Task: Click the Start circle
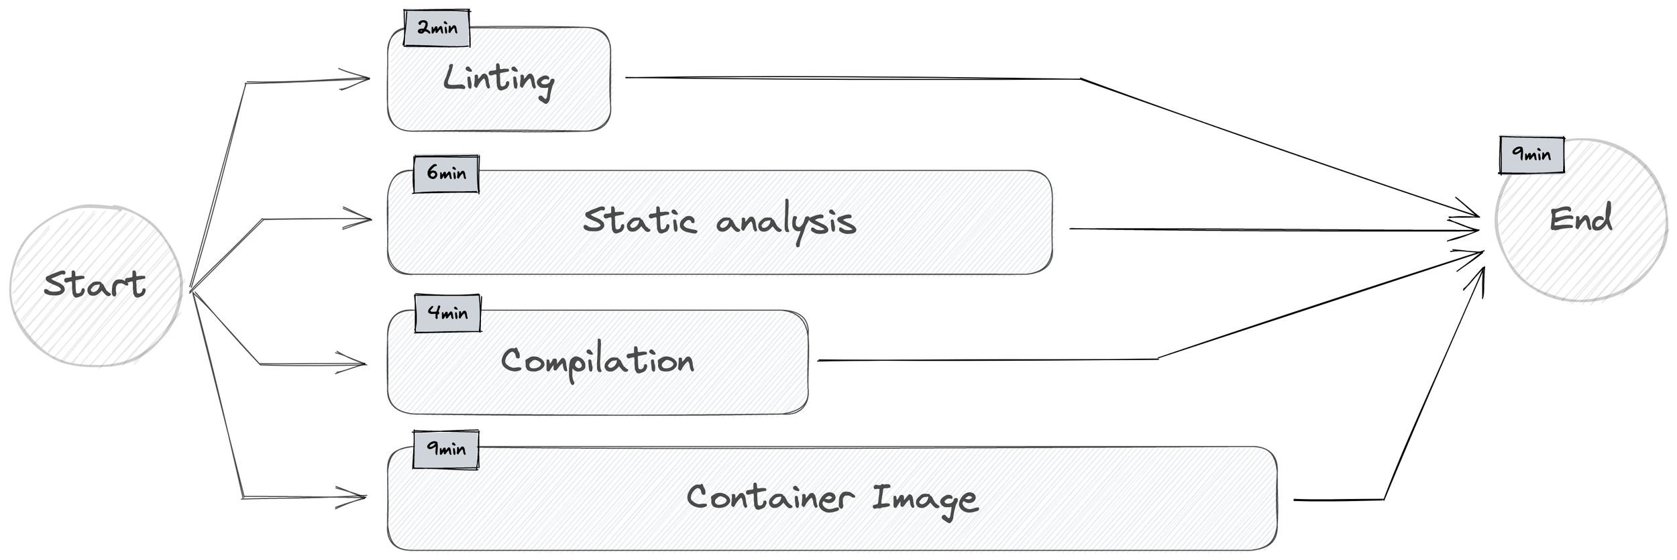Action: [x=95, y=285]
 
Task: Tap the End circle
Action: [x=1580, y=220]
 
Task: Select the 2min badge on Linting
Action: [x=437, y=28]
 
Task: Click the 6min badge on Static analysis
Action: [x=446, y=174]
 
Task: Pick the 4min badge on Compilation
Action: [x=447, y=313]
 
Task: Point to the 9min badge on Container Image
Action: [x=446, y=449]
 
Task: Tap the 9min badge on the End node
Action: [x=1531, y=155]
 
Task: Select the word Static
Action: [x=639, y=221]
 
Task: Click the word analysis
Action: [x=786, y=223]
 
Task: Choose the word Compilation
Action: [x=597, y=362]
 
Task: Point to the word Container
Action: [x=770, y=498]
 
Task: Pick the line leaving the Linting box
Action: [x=852, y=78]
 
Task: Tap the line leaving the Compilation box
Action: [x=986, y=360]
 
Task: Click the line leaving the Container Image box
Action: [x=1338, y=500]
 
